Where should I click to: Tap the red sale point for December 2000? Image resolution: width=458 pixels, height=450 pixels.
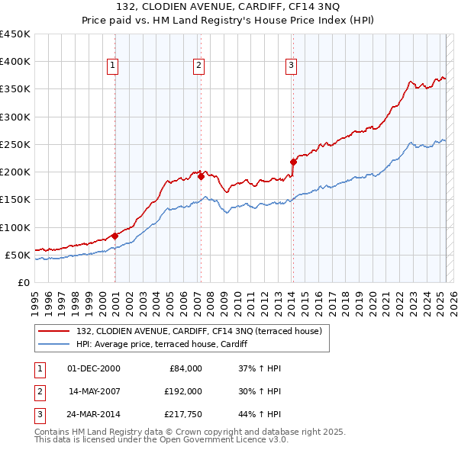(114, 236)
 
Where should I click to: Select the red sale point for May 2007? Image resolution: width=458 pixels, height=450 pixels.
(201, 176)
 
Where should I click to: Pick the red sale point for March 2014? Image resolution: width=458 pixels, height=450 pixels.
(293, 162)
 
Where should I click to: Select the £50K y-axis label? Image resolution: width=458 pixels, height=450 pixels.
(18, 255)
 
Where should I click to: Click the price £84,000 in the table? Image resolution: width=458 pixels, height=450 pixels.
(184, 368)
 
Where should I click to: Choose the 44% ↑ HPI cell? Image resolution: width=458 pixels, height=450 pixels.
(260, 414)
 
